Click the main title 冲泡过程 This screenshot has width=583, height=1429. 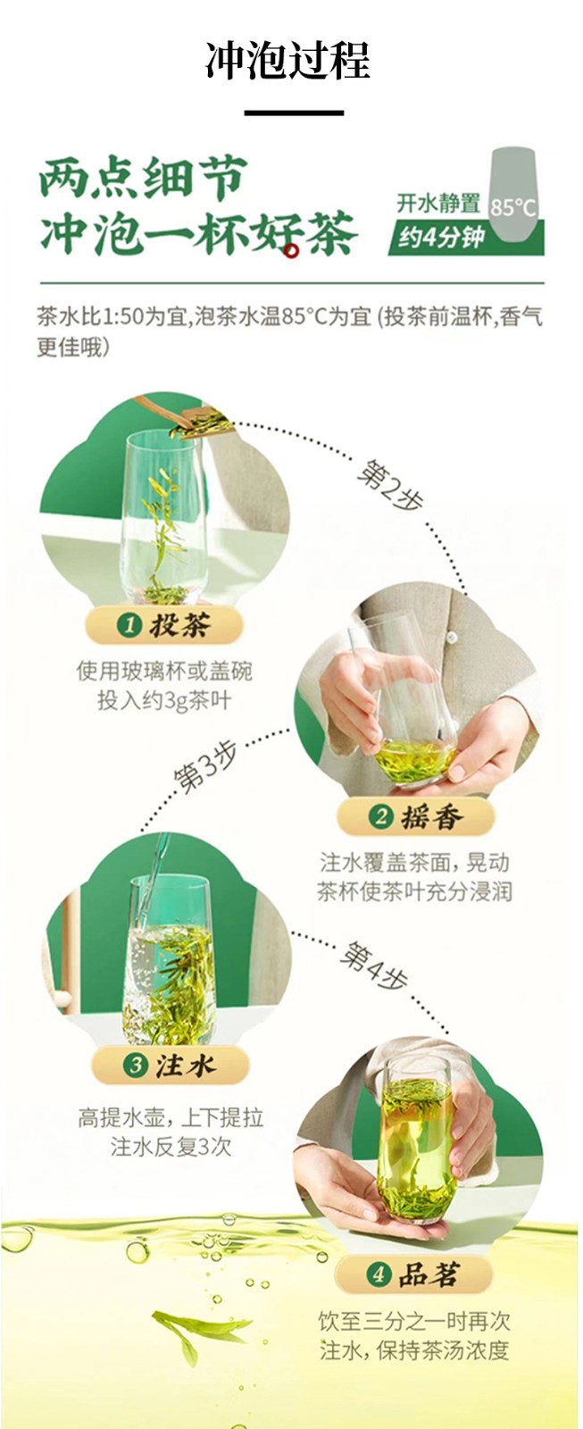[x=287, y=62]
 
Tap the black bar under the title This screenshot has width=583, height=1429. [x=294, y=113]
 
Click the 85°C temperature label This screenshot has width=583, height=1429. [x=513, y=207]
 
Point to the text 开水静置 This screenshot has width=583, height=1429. [x=438, y=204]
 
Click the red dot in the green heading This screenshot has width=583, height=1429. [x=292, y=252]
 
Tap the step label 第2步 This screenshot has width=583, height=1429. [x=388, y=488]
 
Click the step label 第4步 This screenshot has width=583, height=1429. [x=373, y=967]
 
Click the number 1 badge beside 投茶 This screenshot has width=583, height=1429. [x=130, y=624]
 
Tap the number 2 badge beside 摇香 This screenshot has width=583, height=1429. [x=381, y=816]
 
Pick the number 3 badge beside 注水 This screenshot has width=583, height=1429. [x=136, y=1065]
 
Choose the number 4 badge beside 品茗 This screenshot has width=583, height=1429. [x=378, y=1274]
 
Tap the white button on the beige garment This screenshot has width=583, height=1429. [x=452, y=638]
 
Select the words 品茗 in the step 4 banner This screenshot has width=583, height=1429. [x=429, y=1274]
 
